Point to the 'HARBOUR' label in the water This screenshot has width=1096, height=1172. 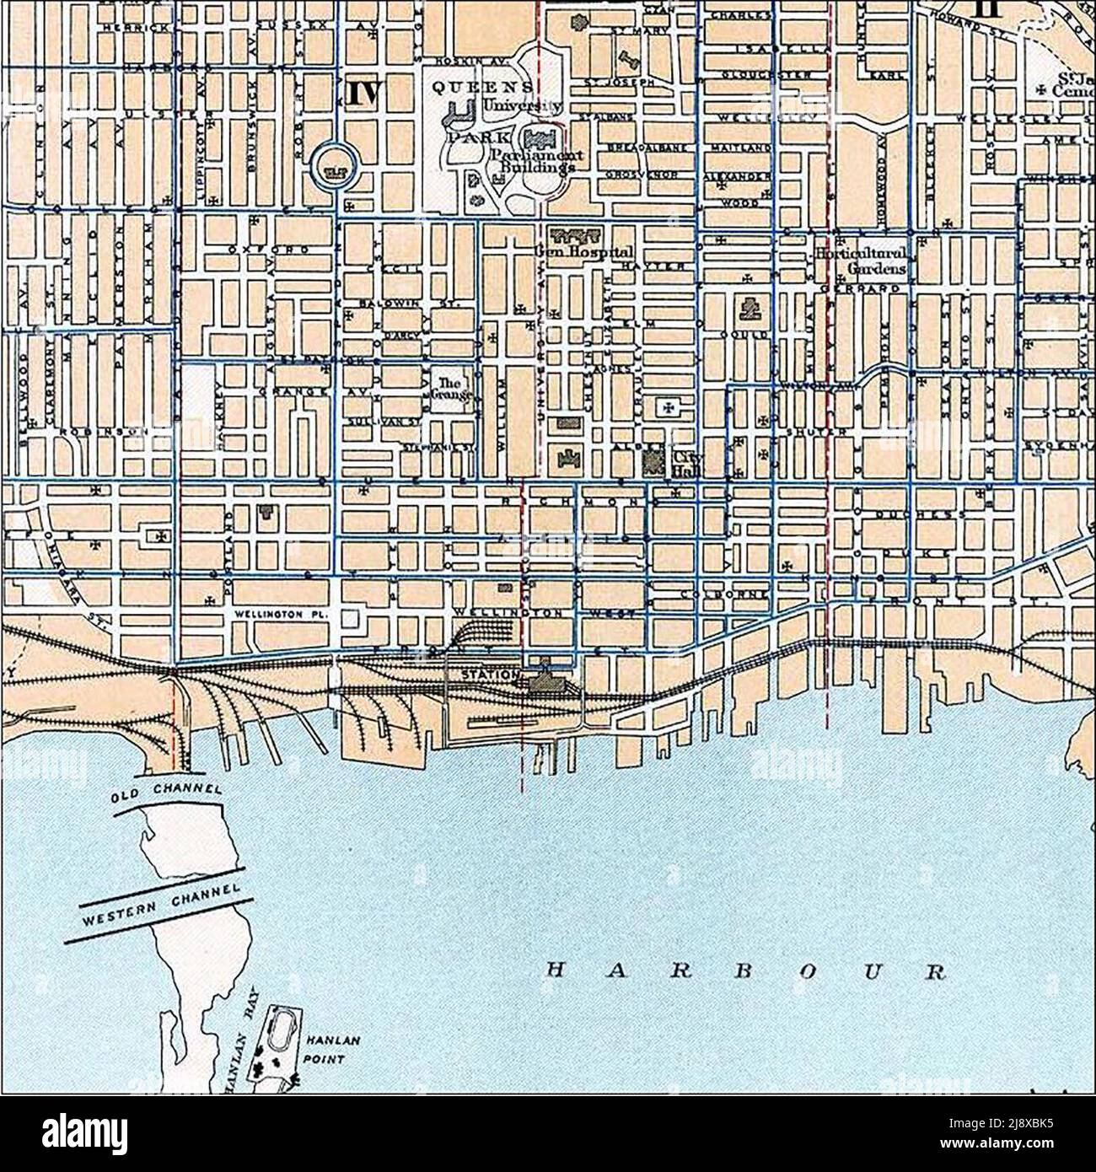[x=745, y=970]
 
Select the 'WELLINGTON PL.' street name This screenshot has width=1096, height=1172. [x=281, y=614]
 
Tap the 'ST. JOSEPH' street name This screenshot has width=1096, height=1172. [x=619, y=82]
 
